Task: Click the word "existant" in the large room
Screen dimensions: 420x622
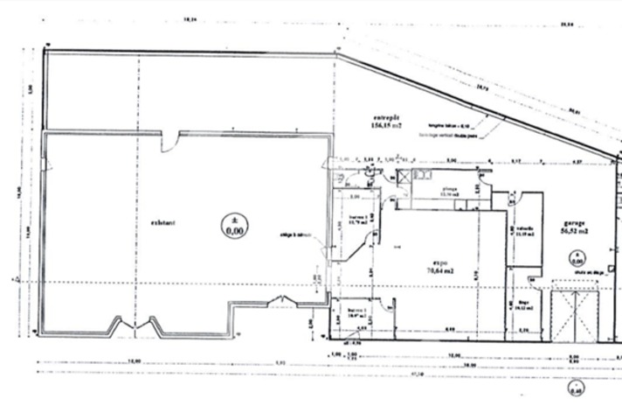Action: click(162, 223)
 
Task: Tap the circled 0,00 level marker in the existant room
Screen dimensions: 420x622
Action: click(233, 226)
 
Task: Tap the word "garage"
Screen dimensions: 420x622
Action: click(574, 222)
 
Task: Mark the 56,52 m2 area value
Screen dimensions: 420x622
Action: click(574, 232)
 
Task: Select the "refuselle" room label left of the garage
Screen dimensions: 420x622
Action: click(525, 230)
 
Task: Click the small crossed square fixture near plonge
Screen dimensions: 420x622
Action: click(406, 176)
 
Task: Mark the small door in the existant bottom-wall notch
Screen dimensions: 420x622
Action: click(285, 303)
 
